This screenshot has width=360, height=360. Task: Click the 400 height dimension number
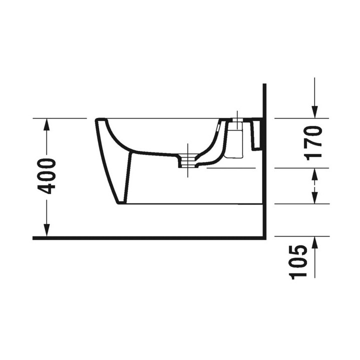pos(48,176)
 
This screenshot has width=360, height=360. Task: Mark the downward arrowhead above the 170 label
pos(314,113)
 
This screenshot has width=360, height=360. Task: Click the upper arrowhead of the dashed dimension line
pos(314,173)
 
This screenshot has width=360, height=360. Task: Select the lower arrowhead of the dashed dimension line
pos(314,199)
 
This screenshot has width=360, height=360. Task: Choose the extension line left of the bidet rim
pos(60,118)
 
